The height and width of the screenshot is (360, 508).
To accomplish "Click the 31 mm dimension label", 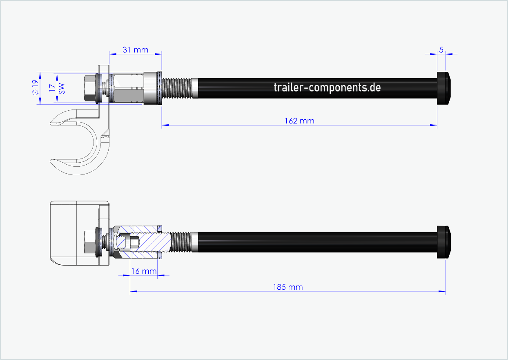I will coord(135,50).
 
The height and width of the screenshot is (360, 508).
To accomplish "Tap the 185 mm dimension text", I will coord(288,287).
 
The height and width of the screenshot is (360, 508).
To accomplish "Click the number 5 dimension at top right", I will coord(441,50).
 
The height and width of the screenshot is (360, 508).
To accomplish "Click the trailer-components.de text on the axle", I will coord(327,87).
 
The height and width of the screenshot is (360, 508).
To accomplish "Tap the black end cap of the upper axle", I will coord(444,88).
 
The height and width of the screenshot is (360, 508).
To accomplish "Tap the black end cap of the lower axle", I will coord(444,242).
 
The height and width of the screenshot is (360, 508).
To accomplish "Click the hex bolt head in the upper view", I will coord(89,88).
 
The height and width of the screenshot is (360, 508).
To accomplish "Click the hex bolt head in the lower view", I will coord(89,242).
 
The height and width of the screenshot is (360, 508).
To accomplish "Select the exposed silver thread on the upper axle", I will coord(177,88).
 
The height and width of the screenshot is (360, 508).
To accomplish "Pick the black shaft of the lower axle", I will coord(314,242).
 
